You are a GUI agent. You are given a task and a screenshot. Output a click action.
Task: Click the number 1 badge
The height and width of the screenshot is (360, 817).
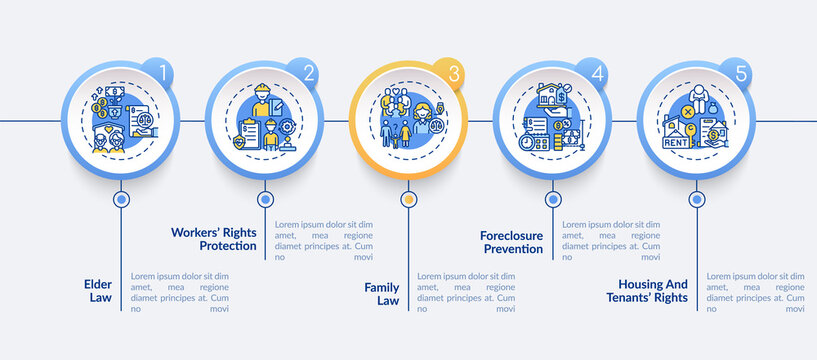pos(165,73)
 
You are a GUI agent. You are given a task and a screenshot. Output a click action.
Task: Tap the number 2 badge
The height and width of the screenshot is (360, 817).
pos(309,73)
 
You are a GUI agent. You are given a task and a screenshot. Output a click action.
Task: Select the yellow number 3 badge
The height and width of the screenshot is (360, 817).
pos(453,73)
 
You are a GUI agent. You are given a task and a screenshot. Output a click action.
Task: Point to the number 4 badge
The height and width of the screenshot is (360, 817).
pos(597,73)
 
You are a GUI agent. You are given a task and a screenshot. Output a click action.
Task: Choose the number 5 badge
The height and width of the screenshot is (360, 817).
pos(741,73)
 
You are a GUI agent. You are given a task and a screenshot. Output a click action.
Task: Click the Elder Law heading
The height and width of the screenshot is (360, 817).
pos(98,289)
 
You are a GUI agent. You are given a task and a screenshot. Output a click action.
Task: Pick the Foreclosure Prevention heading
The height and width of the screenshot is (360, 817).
pos(511,241)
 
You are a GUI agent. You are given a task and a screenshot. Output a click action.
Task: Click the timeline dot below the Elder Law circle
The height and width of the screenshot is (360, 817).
pos(121,199)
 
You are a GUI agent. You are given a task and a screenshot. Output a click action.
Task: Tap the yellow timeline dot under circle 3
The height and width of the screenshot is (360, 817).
pos(408,199)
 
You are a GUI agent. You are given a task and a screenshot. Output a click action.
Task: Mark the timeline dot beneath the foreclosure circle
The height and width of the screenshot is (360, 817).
pos(552,199)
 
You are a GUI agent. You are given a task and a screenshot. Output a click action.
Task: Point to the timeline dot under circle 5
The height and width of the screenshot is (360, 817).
pos(695,199)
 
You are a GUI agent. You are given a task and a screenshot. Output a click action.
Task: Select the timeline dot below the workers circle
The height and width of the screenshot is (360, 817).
pos(265,199)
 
